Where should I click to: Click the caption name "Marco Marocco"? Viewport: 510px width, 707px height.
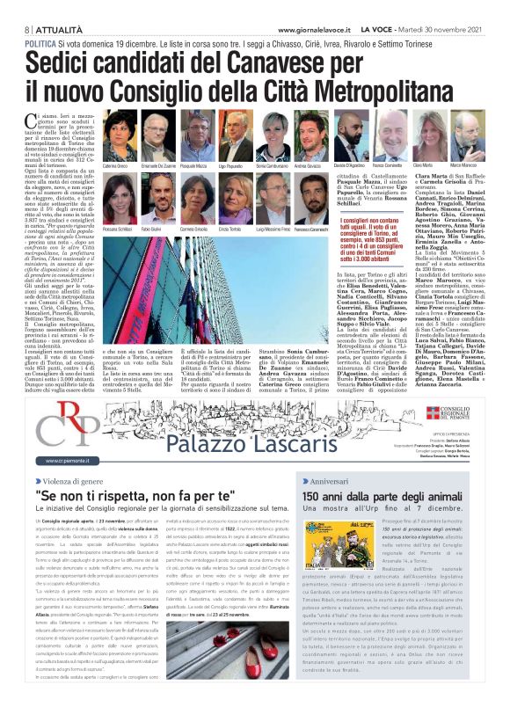point(478,164)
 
